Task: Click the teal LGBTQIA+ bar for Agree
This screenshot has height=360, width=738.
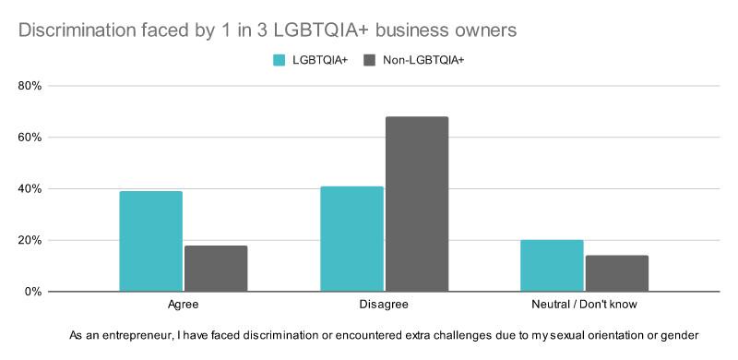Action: [151, 241]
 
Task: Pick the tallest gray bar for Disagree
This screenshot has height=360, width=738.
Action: [417, 204]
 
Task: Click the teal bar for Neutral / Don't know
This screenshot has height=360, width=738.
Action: [552, 266]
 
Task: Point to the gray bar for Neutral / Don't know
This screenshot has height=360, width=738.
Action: [616, 273]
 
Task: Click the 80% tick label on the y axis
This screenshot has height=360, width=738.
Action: [30, 86]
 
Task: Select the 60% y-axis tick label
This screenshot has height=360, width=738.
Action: [30, 138]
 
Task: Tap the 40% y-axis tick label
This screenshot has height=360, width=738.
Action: [30, 189]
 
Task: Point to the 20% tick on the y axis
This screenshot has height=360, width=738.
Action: [30, 240]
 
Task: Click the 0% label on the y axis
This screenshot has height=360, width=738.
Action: [33, 292]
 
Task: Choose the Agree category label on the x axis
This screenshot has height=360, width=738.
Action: [184, 304]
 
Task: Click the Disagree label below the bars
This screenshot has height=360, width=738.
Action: [384, 304]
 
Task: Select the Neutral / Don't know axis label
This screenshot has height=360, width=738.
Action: [584, 304]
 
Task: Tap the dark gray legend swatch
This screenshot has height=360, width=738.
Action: [370, 60]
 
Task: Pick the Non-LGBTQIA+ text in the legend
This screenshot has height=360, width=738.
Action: [422, 60]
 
